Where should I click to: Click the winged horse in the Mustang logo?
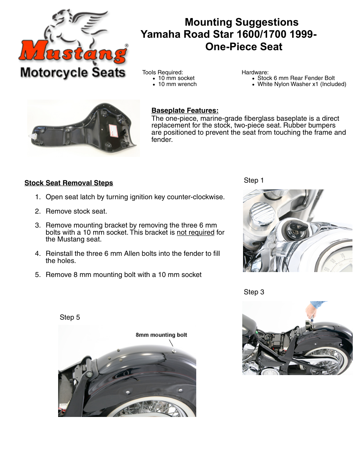coord(77,28)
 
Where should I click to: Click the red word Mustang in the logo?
coord(73,53)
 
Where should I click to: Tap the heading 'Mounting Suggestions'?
coord(242,22)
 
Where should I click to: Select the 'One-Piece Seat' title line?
coord(244,47)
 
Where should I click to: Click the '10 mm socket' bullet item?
coord(176,78)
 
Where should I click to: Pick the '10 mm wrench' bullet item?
coord(177,84)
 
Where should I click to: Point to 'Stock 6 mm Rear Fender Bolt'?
coord(296,78)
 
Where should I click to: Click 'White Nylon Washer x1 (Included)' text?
coord(302,84)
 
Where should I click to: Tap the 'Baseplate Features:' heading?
coord(185,111)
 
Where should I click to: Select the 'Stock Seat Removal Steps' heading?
coord(69,183)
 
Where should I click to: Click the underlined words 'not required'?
coord(195,232)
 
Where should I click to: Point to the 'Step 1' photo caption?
coord(254,180)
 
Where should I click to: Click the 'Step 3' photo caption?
coord(254,292)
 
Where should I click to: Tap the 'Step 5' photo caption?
coord(70,317)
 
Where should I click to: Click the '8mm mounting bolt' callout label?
coord(161,335)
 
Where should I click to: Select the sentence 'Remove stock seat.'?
coord(76,211)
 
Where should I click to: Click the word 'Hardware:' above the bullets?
coord(255,72)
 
